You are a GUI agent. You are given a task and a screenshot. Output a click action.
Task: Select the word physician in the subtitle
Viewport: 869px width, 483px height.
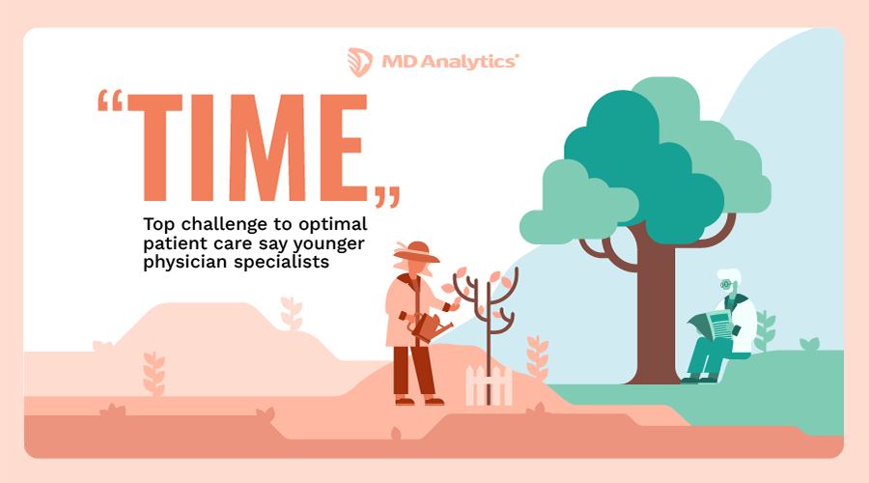[x=182, y=261]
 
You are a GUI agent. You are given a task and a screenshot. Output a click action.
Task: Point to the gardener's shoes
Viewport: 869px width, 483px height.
[x=416, y=399]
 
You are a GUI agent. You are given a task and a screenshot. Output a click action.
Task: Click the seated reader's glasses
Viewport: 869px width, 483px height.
[x=726, y=287]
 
